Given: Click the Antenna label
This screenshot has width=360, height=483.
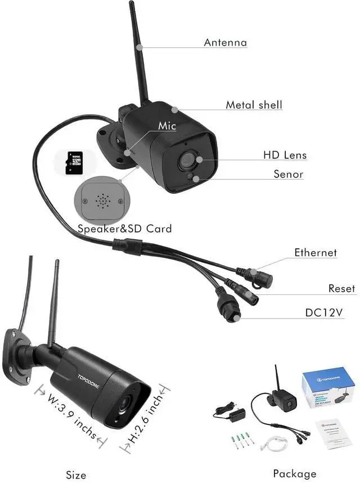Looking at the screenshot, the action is pos(225,42).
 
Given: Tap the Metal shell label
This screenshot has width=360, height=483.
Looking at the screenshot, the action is pos(254,105).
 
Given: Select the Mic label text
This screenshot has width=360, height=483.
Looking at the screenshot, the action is pos(167,126).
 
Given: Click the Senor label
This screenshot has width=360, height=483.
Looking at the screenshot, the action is pos(288,174).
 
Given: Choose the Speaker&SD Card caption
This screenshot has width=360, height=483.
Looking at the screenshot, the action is pos(124,229).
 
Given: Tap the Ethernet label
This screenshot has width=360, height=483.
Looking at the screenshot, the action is pos(316,253).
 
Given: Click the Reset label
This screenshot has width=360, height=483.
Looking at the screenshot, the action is pos(342,289).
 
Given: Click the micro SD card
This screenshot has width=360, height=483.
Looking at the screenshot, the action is pos(74,162).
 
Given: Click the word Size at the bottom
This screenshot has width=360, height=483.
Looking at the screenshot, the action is pos(75,475).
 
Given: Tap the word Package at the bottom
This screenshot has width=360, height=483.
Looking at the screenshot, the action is pos(294,473).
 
